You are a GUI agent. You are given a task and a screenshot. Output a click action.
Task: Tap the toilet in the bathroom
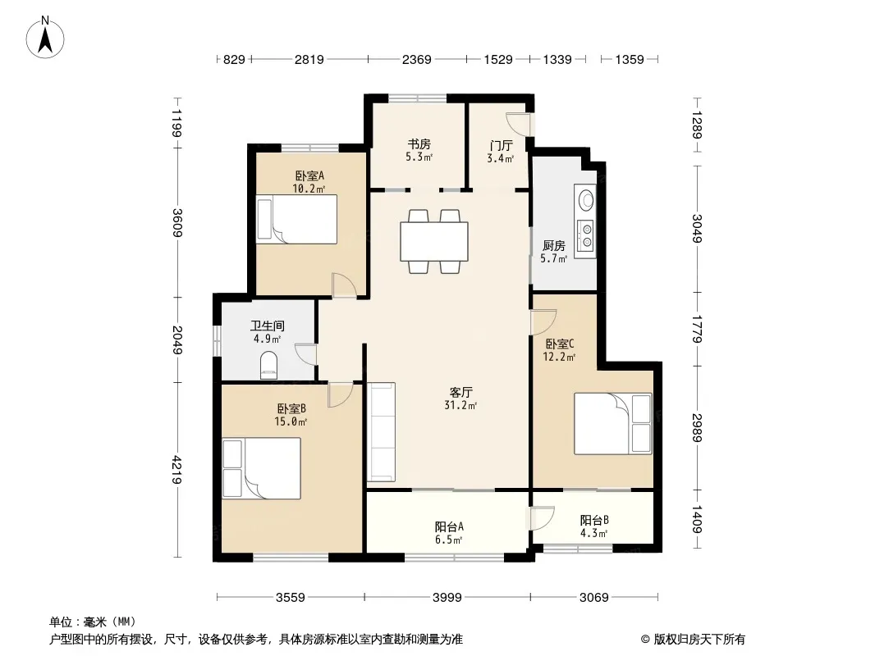[x=268, y=365]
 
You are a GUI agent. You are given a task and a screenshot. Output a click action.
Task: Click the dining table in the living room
[x=433, y=241]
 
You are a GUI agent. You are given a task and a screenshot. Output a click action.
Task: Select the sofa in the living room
[x=381, y=431]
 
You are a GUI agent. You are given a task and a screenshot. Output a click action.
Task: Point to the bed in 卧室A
[x=297, y=219]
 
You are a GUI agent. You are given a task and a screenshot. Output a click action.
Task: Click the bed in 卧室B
[x=261, y=468]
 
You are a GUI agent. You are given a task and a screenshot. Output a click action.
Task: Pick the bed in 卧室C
[x=612, y=424]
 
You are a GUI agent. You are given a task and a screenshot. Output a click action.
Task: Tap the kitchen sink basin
[x=586, y=199]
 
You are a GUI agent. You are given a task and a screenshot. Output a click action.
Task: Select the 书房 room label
[x=419, y=144]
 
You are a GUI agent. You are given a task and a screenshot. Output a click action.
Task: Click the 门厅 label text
[x=501, y=145]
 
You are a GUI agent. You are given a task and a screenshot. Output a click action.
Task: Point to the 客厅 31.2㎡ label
[x=461, y=399]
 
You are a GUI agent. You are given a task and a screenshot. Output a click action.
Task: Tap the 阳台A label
[x=449, y=526]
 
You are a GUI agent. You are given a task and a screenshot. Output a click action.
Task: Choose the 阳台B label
[x=594, y=520]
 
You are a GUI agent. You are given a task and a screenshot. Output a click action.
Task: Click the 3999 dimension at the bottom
[x=447, y=598]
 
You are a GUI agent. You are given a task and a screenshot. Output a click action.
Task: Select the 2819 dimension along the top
[x=309, y=59]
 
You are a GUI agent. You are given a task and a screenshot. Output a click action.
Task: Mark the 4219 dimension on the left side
[x=177, y=469]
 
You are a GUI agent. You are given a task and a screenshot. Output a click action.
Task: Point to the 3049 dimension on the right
[x=696, y=229]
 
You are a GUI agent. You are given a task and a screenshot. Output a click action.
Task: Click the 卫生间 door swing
[x=306, y=354]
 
